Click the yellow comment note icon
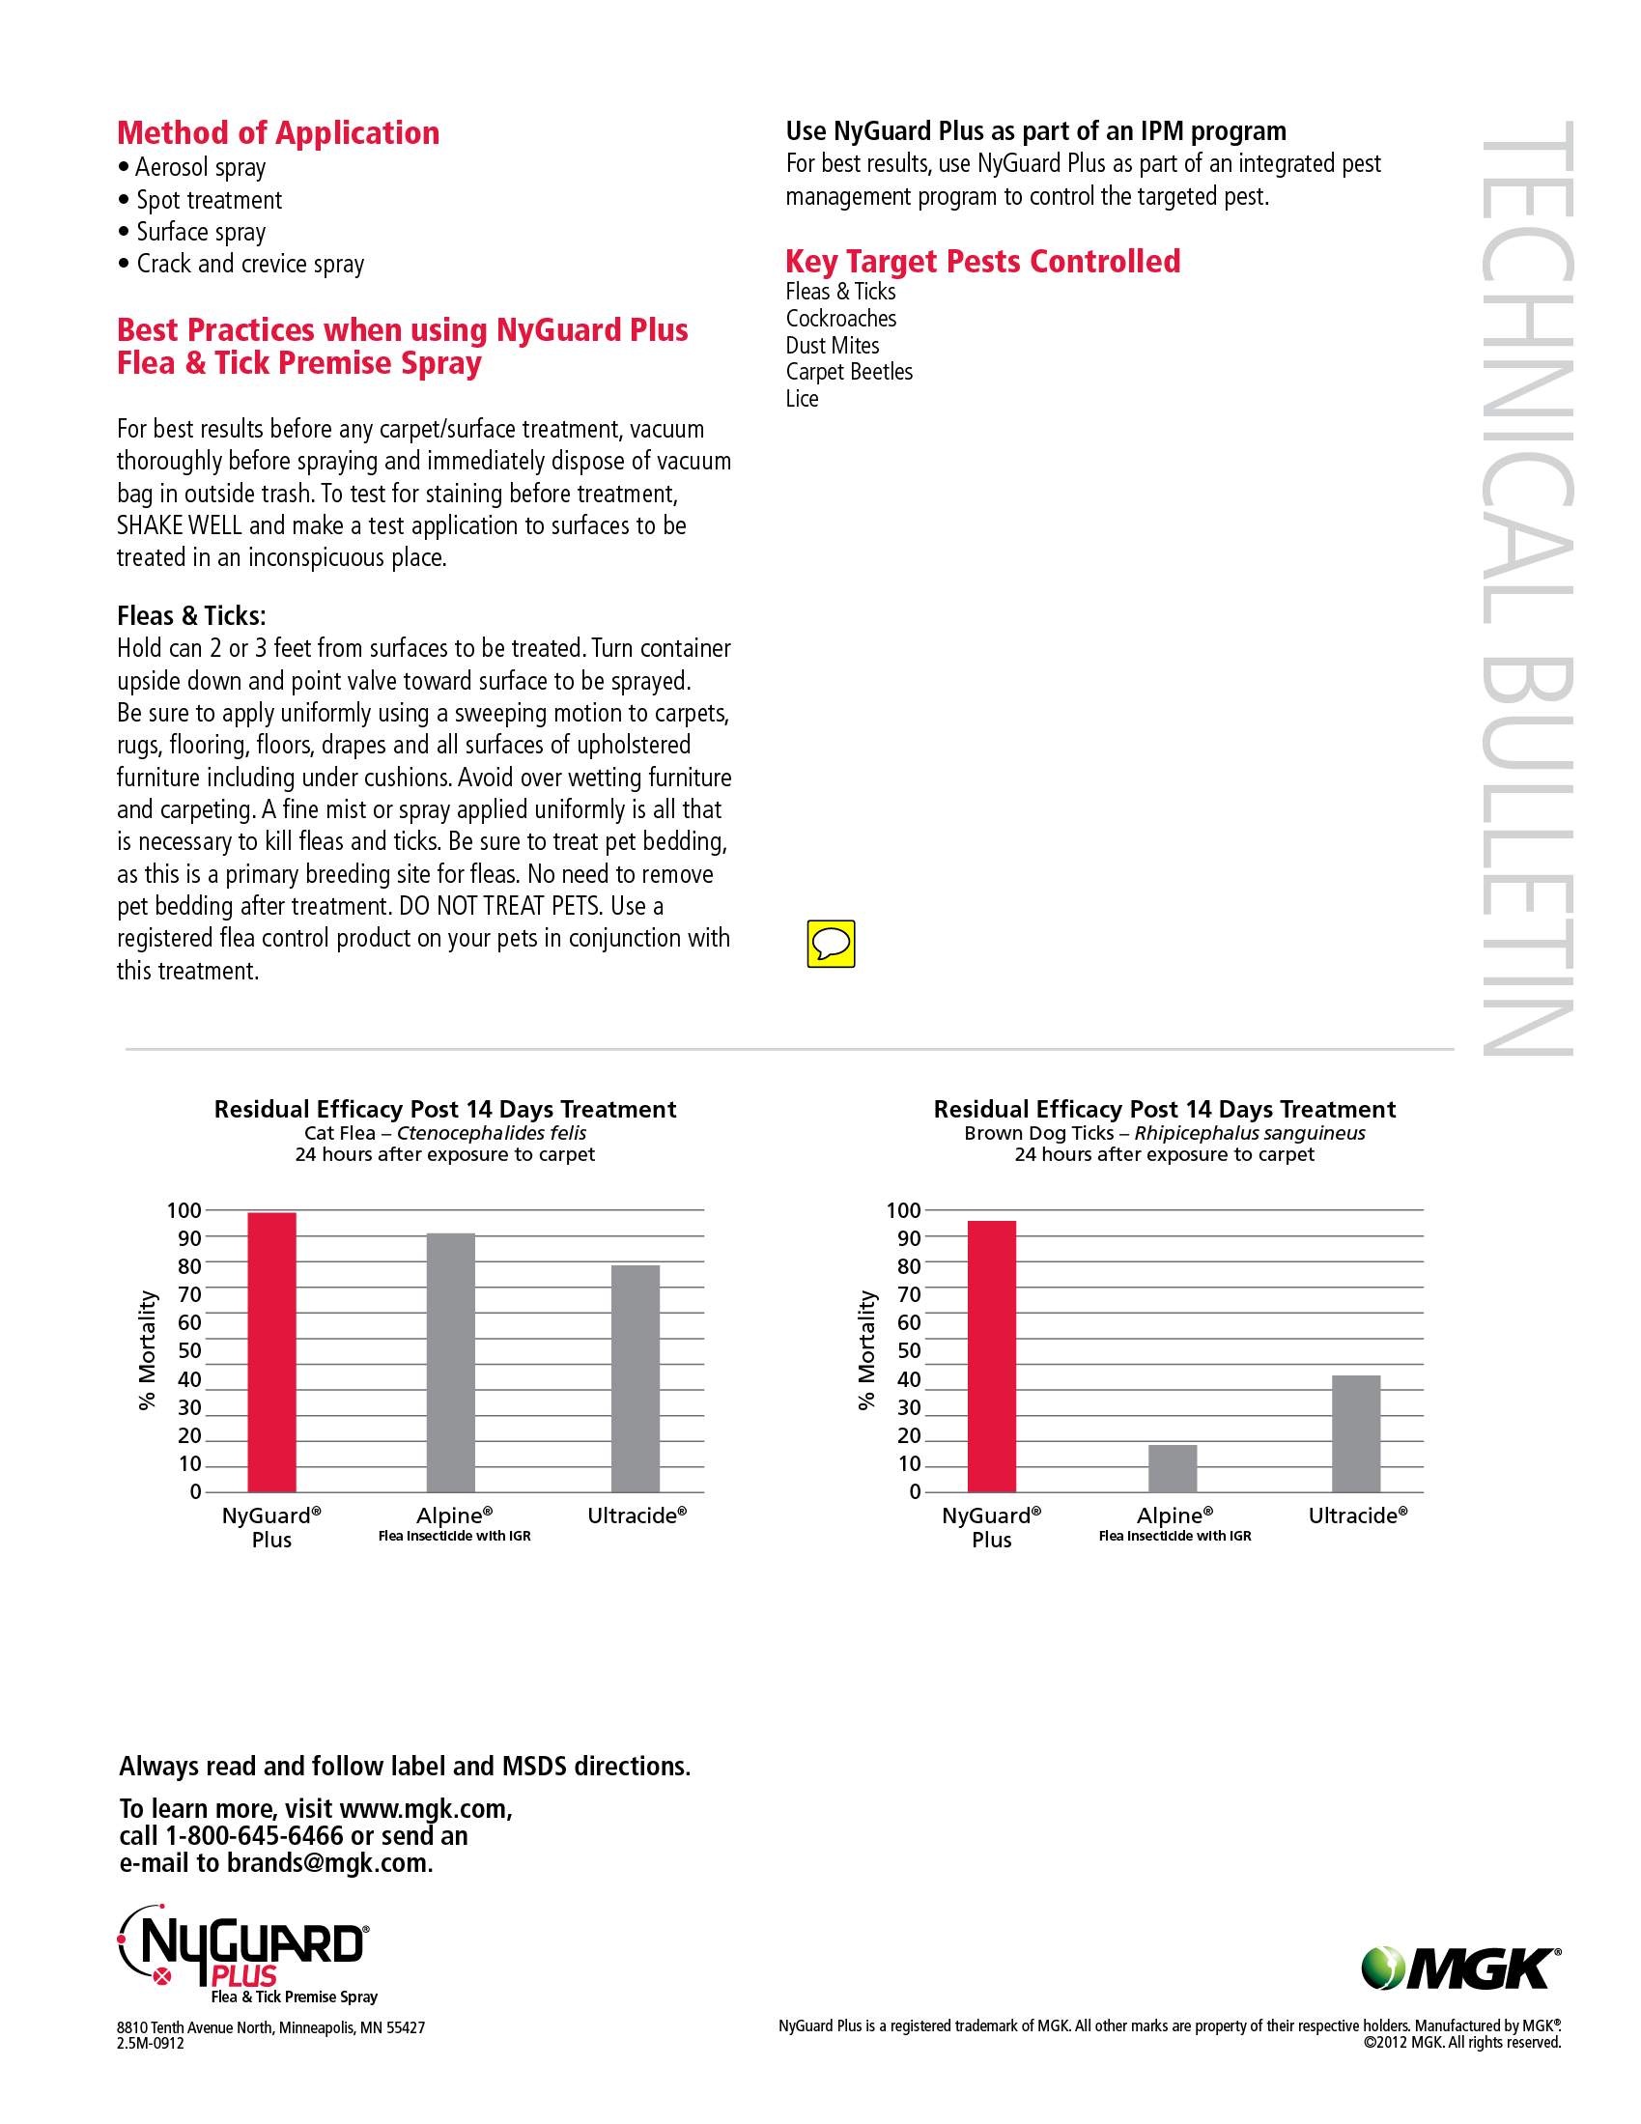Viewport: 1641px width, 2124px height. tap(831, 944)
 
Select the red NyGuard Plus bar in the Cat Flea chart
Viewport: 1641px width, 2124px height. tap(271, 1352)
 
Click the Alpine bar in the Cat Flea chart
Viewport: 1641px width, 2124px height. tap(450, 1362)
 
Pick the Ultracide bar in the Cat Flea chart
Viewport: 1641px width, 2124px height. tap(636, 1378)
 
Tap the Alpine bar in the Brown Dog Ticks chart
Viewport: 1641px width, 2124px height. tap(1173, 1468)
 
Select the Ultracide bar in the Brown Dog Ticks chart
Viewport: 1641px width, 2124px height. tap(1356, 1433)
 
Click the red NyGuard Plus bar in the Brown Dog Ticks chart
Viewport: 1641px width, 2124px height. tap(991, 1356)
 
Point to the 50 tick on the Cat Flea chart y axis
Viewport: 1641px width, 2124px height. tap(188, 1351)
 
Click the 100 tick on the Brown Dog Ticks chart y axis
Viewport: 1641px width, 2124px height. tap(903, 1211)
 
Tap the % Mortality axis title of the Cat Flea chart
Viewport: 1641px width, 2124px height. tap(147, 1350)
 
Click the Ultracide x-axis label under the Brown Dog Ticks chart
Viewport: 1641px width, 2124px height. tap(1357, 1515)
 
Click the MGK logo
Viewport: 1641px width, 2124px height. tap(1461, 1968)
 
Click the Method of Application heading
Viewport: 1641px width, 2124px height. tap(278, 133)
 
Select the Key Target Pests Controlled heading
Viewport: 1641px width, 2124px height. tap(982, 262)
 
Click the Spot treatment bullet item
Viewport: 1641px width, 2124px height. tap(209, 200)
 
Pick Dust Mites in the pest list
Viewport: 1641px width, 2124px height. tap(832, 345)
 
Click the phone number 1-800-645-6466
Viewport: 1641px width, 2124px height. tap(254, 1836)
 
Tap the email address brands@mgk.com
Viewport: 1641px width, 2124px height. tap(328, 1863)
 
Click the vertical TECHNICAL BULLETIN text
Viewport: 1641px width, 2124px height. tap(1526, 588)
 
